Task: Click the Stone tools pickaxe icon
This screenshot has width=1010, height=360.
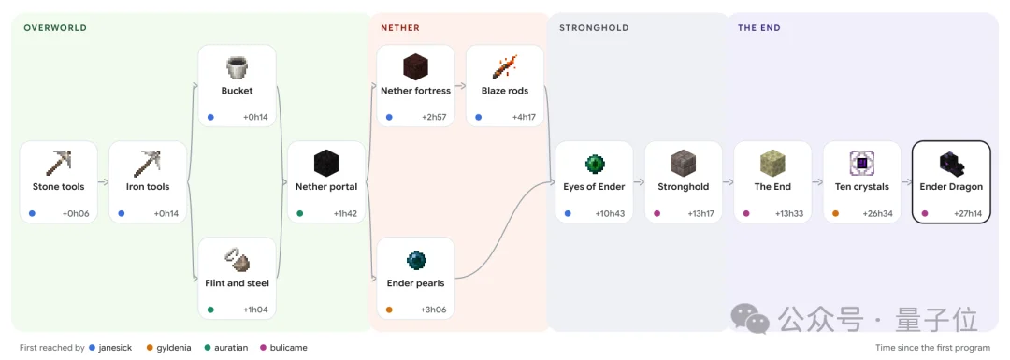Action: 58,164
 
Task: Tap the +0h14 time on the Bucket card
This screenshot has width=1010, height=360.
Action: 255,117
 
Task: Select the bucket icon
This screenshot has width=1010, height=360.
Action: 237,67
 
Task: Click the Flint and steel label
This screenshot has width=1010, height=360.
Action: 237,282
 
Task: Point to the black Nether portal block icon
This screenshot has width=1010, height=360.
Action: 326,164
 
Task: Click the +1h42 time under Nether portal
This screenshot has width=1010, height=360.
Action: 344,214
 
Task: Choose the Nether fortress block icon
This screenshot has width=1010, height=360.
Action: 415,67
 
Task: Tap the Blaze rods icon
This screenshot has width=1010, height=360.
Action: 505,67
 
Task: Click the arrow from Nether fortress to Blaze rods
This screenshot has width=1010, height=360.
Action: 460,86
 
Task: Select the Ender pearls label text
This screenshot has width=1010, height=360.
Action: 415,282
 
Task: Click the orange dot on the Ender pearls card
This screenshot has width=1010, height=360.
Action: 389,310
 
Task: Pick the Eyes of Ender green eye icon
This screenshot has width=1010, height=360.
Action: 594,164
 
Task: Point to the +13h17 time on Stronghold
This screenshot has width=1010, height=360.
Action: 700,214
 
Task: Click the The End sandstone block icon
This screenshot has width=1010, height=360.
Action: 772,164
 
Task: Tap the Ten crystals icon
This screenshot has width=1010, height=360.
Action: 862,164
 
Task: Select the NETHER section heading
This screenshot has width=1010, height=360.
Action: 400,28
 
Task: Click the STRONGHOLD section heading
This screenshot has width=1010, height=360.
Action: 594,28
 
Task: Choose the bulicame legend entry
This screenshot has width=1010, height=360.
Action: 283,348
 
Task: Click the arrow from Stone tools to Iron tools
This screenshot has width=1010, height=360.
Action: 103,182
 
